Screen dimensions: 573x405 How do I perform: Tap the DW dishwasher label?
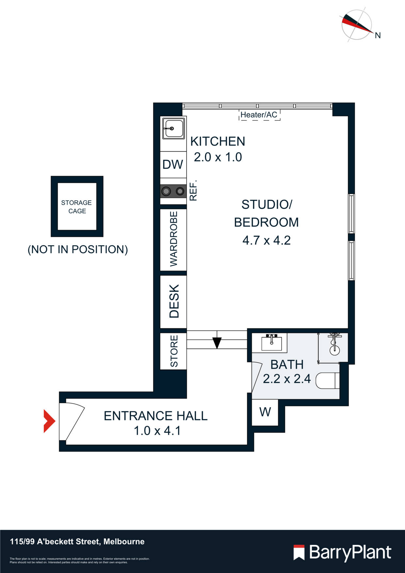pos(173,164)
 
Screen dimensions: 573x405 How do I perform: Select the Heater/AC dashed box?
pos(259,115)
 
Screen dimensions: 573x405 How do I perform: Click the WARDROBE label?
pos(174,239)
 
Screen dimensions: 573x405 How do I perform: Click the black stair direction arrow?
pos(217,342)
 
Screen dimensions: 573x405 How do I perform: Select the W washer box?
pos(265,412)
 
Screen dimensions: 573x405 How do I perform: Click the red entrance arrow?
pos(49,421)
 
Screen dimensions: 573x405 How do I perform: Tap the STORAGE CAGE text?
pos(77,207)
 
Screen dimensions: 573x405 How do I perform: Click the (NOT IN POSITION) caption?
pos(78,250)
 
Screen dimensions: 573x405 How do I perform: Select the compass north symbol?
pos(358,25)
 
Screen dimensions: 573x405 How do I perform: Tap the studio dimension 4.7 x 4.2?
pos(267,240)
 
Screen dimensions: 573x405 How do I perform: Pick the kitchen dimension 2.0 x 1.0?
pos(218,157)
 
